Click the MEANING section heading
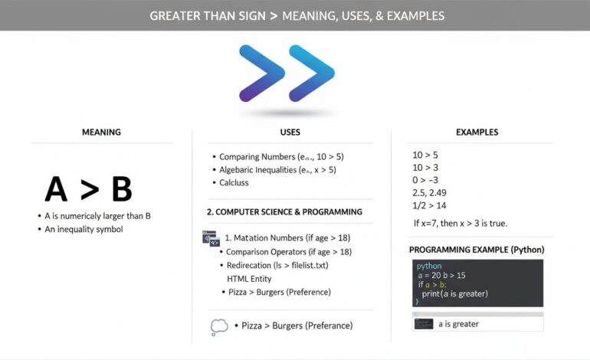(101, 133)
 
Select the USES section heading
(290, 133)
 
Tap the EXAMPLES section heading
(477, 133)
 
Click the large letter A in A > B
(56, 189)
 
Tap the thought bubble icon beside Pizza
(218, 327)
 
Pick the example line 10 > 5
(425, 155)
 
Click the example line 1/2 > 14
(430, 205)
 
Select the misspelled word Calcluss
(234, 183)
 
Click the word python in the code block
(428, 266)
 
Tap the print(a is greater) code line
(454, 293)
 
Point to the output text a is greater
(460, 324)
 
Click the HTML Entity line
(249, 279)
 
